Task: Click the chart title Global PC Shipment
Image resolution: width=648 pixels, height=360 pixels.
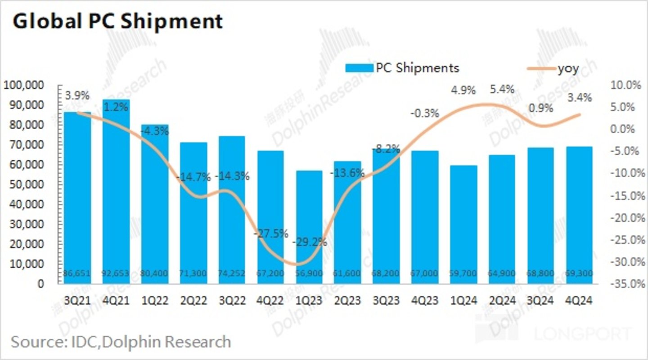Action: coord(117,21)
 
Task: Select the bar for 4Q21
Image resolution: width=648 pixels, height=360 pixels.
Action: coord(116,189)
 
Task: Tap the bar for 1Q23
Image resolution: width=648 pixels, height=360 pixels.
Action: coord(309,225)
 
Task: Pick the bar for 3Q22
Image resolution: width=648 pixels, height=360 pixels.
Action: coord(232,207)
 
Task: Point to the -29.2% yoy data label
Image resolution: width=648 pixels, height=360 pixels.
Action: coord(310,242)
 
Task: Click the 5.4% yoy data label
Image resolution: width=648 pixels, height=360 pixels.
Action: coord(502,90)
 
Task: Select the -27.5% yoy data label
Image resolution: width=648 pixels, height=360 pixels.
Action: coord(270,234)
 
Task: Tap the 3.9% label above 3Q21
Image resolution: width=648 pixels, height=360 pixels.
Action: coord(77,95)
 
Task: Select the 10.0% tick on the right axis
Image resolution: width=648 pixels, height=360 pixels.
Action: coord(625,85)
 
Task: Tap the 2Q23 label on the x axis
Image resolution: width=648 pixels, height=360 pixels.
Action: coord(347,300)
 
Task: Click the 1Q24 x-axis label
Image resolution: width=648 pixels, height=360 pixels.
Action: coord(463,300)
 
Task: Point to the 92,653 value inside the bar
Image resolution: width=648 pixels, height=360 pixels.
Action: coord(116,273)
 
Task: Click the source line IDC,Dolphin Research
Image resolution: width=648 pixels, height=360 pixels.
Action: coord(121,342)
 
